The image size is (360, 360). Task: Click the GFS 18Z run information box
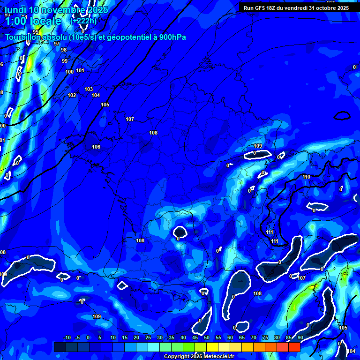(x=296, y=7)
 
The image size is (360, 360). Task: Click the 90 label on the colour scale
(x=300, y=338)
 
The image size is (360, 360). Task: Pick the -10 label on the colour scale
(x=67, y=338)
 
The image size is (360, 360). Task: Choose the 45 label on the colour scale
(x=195, y=338)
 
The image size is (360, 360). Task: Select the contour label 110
(x=307, y=177)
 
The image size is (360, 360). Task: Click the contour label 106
(x=96, y=147)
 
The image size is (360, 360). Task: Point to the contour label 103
(x=89, y=89)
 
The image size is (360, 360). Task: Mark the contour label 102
(x=72, y=95)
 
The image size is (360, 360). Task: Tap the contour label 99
(x=65, y=61)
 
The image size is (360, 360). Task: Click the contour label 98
(x=64, y=50)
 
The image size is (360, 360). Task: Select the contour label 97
(x=57, y=44)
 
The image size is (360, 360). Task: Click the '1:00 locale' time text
(x=33, y=21)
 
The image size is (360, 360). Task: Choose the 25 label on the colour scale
(x=148, y=338)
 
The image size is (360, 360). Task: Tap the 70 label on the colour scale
(x=254, y=338)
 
